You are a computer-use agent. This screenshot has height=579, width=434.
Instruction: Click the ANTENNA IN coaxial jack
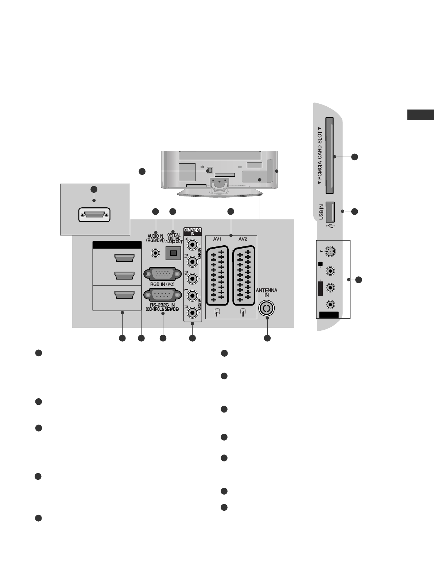(x=267, y=308)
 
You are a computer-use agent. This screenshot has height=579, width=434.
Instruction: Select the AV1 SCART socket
(x=217, y=276)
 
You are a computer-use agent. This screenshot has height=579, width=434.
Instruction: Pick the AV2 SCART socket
(x=244, y=276)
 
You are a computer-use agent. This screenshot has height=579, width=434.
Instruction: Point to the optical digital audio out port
(x=173, y=253)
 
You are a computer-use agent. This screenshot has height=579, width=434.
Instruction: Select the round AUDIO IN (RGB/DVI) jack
(x=156, y=253)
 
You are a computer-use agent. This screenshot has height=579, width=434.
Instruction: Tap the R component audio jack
(x=192, y=312)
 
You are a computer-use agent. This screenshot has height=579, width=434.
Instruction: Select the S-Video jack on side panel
(x=330, y=252)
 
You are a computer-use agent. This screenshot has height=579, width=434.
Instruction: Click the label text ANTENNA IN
(x=266, y=292)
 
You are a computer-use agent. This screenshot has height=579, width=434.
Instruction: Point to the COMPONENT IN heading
(x=193, y=231)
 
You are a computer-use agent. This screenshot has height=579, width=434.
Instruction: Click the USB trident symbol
(x=331, y=226)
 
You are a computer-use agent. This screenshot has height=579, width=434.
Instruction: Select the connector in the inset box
(x=94, y=215)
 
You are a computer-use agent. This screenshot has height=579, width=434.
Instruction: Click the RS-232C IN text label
(x=162, y=305)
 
